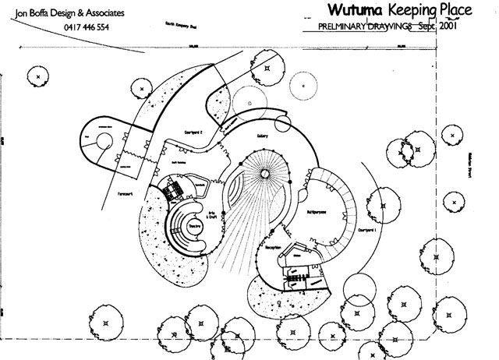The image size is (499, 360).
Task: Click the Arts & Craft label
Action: tap(211, 199)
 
